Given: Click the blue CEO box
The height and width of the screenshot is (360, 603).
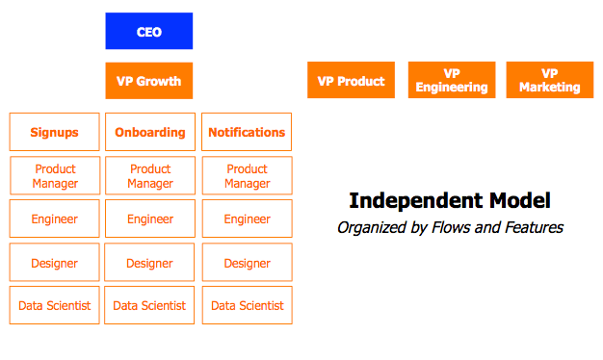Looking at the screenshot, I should click(148, 32).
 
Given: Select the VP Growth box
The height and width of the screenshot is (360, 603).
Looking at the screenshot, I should click(148, 81).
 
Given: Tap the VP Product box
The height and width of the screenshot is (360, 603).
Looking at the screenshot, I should click(351, 81).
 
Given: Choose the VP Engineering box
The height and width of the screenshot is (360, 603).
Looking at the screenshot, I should click(452, 81).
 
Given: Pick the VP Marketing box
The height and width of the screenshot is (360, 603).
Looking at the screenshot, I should click(549, 81).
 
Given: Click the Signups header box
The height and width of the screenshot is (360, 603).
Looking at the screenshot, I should click(54, 132).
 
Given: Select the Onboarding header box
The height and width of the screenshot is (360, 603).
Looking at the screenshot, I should click(150, 132).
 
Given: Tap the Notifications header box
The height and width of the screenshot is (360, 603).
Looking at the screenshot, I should click(247, 132).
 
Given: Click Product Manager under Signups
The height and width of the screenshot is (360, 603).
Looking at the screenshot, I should click(54, 176).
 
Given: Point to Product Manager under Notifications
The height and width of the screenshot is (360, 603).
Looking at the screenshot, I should click(247, 176).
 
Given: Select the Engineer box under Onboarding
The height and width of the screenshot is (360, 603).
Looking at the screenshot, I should click(150, 219).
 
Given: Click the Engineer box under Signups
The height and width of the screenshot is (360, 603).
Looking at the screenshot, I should click(54, 219).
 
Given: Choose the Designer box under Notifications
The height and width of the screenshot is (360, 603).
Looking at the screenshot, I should click(247, 263).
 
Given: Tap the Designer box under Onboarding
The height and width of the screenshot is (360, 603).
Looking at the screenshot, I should click(150, 263).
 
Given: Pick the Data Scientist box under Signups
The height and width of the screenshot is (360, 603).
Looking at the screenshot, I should click(54, 305).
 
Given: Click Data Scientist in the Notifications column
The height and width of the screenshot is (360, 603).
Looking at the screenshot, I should click(247, 305).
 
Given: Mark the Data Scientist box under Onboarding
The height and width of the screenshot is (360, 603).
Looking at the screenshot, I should click(150, 305).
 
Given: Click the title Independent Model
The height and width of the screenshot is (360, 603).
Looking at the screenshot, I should click(449, 200).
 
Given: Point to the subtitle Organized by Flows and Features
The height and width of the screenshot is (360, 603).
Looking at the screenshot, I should click(449, 228).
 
